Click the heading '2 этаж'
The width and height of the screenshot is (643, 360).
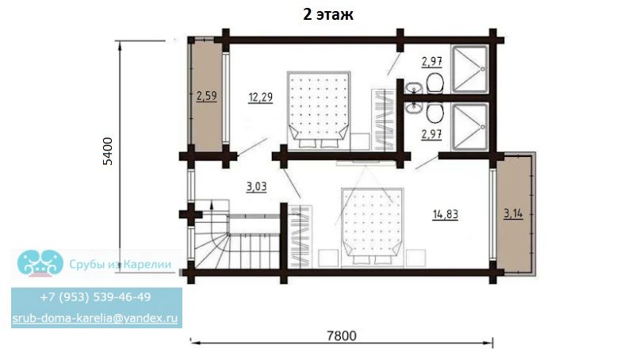(x=328, y=14)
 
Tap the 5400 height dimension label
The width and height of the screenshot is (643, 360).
(x=108, y=151)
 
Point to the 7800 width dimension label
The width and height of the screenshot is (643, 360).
(x=342, y=335)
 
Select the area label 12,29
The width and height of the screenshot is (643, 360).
(x=260, y=98)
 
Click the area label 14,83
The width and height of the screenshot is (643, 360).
(x=446, y=214)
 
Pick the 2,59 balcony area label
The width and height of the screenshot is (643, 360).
(x=207, y=97)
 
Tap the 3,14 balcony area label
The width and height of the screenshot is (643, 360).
(x=513, y=213)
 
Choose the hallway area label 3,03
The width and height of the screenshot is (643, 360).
(x=257, y=187)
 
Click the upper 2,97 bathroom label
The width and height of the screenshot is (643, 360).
(x=432, y=62)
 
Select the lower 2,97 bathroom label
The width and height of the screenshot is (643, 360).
(x=432, y=134)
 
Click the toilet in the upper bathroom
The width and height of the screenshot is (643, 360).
(x=434, y=83)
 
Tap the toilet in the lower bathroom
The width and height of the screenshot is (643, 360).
(x=434, y=112)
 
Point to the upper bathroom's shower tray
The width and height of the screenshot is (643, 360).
(x=469, y=69)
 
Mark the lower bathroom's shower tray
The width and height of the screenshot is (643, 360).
(x=469, y=127)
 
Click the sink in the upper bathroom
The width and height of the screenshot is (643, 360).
(x=414, y=88)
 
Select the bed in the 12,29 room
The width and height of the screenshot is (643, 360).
(x=318, y=109)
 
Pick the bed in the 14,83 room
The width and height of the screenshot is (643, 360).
(x=373, y=227)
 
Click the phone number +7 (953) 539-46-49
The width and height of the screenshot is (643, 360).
(x=96, y=297)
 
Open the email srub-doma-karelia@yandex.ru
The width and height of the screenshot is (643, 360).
(x=94, y=318)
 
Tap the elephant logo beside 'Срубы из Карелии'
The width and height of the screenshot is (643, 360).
(x=40, y=262)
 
